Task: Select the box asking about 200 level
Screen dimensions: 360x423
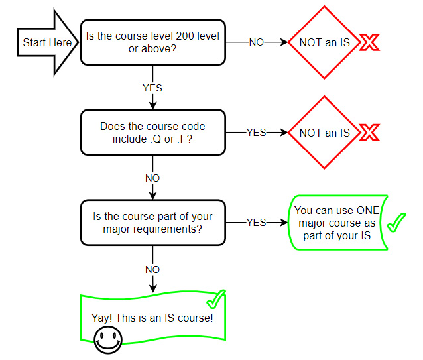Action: pos(153,42)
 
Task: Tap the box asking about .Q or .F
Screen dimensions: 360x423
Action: pos(153,133)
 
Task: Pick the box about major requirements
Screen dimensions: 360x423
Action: pos(153,222)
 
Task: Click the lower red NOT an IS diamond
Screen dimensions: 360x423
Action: pos(324,133)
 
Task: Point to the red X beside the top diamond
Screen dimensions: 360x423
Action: pos(369,43)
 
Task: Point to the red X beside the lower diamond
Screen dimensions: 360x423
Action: pos(369,133)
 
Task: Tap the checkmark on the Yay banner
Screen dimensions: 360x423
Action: pos(215,300)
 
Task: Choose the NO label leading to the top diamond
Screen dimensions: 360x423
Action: pos(257,42)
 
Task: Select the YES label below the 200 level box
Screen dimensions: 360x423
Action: pos(152,88)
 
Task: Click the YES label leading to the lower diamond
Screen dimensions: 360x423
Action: pos(257,133)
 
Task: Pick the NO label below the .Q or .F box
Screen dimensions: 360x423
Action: pos(152,178)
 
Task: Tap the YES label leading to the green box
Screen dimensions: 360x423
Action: pos(257,223)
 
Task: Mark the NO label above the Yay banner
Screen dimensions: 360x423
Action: pos(152,270)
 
